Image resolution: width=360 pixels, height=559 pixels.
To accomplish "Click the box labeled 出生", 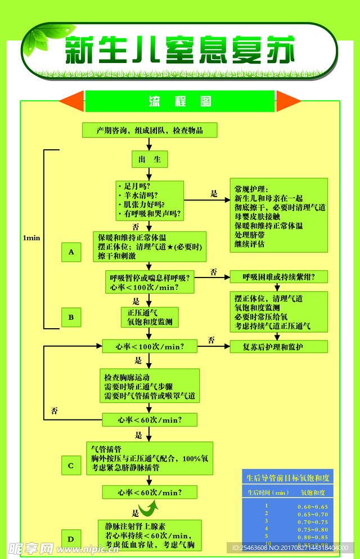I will [150, 159].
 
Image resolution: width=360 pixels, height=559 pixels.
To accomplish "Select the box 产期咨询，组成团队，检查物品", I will [149, 131].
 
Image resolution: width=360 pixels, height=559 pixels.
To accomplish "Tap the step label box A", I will [71, 252].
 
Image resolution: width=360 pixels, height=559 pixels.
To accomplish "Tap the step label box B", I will [71, 317].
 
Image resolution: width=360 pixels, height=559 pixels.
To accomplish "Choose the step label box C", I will [71, 466].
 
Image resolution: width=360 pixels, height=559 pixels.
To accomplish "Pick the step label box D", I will [71, 539].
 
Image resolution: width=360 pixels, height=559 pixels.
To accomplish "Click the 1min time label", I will [31, 238].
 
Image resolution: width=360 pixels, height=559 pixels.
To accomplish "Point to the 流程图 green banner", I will [180, 101].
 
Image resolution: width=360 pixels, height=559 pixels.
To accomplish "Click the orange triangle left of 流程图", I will [72, 101].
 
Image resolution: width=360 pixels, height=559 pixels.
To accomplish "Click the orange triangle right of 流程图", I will [288, 101].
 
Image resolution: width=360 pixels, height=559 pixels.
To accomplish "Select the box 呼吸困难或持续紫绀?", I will [278, 277].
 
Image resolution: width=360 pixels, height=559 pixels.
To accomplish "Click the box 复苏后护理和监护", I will [278, 347].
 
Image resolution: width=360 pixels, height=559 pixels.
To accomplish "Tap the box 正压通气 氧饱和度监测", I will [150, 317].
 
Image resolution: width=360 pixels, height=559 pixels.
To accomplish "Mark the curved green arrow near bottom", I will [148, 509].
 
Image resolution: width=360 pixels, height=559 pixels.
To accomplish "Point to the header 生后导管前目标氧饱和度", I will [287, 478].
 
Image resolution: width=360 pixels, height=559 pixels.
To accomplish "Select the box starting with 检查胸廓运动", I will [150, 386].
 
